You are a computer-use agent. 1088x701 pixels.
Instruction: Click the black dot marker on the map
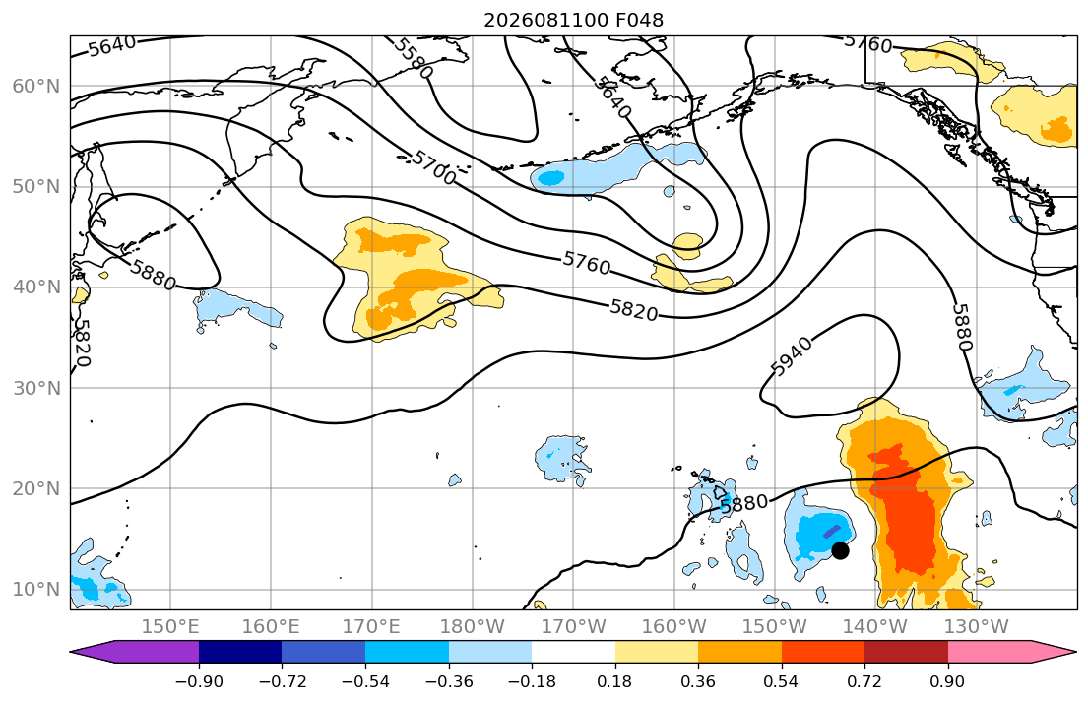[x=840, y=550]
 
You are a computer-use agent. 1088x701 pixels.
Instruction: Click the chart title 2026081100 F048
[x=573, y=20]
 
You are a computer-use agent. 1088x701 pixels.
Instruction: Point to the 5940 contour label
[x=791, y=356]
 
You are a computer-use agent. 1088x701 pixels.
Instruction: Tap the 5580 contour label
[x=414, y=58]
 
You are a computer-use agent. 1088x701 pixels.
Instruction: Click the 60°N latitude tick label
[x=36, y=86]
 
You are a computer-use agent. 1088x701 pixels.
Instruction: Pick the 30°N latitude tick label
[x=36, y=388]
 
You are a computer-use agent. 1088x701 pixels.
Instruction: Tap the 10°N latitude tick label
[x=36, y=590]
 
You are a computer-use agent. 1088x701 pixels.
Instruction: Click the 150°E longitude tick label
[x=170, y=627]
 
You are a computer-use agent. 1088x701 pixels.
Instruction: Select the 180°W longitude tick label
[x=474, y=627]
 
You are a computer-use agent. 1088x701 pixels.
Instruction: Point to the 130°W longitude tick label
[x=977, y=627]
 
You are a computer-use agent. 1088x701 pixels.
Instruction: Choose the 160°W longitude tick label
[x=674, y=627]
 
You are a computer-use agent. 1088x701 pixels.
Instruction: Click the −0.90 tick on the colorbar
[x=199, y=681]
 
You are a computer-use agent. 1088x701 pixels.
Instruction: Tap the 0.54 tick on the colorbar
[x=782, y=681]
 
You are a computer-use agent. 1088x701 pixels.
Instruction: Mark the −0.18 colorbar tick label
[x=532, y=681]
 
